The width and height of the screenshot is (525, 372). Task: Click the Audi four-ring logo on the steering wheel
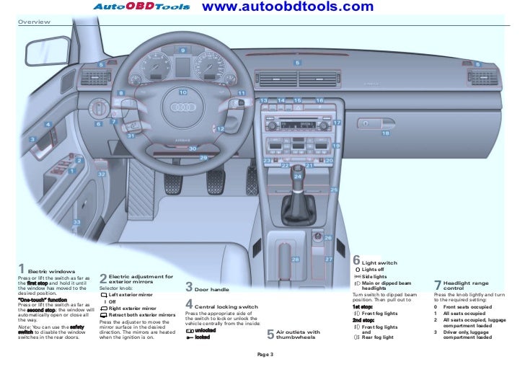tap(181, 107)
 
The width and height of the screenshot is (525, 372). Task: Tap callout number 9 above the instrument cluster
tap(182, 50)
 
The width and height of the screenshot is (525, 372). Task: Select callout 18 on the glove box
tap(385, 133)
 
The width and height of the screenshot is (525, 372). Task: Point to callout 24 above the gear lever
tap(297, 175)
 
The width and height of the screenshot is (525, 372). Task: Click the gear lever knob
tap(296, 200)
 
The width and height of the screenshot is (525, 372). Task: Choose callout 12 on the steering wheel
tap(221, 128)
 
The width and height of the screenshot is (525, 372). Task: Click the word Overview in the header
tap(34, 22)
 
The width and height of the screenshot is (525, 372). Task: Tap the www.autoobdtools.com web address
tap(278, 7)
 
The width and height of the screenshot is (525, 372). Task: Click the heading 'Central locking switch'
tap(226, 306)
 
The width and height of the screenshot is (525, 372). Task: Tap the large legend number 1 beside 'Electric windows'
tap(22, 270)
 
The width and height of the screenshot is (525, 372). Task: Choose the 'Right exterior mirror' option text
tap(132, 309)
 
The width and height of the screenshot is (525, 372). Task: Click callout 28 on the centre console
tap(294, 259)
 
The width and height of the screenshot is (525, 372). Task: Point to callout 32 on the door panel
tap(102, 174)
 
